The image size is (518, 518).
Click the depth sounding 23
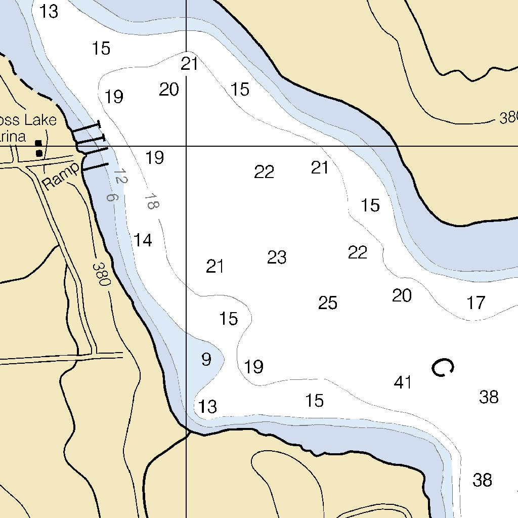[277, 257]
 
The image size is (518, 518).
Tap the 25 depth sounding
[328, 303]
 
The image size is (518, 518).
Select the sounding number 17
[476, 303]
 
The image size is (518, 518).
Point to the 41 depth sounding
[403, 382]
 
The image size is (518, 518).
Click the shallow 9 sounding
[206, 360]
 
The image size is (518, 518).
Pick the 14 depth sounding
[143, 240]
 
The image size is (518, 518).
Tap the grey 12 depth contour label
[120, 177]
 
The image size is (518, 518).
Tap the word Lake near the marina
[38, 120]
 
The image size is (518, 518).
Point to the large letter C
[442, 368]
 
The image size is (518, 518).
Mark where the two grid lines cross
[186, 146]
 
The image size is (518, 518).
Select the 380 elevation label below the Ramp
[101, 274]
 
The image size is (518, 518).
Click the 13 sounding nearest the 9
[207, 406]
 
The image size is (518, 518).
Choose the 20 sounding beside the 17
[402, 295]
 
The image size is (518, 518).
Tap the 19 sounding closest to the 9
[253, 367]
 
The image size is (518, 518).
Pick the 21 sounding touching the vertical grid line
[189, 64]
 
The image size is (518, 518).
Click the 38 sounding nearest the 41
[489, 397]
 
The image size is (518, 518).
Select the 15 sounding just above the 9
[229, 319]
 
